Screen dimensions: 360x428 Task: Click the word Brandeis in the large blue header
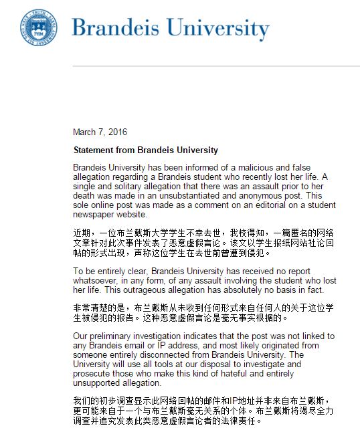click(118, 27)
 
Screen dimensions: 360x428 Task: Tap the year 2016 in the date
click(116, 132)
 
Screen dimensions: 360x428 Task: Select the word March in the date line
click(85, 132)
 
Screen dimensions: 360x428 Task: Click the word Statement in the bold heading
click(96, 150)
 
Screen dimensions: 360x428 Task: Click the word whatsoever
click(95, 282)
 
